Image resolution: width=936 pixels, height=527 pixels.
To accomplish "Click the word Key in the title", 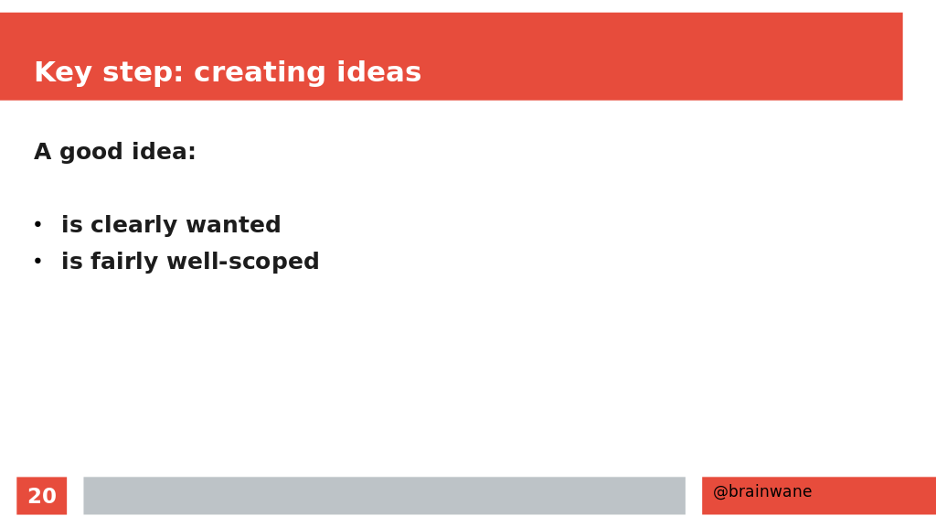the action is coord(63,73).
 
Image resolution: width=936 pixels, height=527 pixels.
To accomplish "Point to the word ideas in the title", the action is coord(379,72).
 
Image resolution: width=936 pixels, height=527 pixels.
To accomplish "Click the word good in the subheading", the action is coord(91,153).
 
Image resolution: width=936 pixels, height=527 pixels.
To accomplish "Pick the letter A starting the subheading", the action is coord(42,152).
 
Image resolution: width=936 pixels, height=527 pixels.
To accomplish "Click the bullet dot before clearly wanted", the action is coord(37,225).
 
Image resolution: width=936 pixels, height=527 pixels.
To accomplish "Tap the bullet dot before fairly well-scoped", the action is coord(37,261).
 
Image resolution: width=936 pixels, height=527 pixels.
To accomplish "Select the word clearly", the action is coord(133,226).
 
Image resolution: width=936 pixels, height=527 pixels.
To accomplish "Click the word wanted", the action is coord(233,225).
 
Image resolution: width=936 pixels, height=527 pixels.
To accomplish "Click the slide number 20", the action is coord(42,496).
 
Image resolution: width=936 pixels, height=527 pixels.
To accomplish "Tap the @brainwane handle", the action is coord(762,491).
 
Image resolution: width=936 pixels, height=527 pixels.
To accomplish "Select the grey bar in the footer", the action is coord(385,495).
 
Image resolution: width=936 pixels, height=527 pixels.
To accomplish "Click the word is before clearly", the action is coord(71,225).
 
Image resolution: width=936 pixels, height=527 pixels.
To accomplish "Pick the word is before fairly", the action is coord(71,261).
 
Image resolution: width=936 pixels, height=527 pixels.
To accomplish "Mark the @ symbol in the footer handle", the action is coord(720,491).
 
